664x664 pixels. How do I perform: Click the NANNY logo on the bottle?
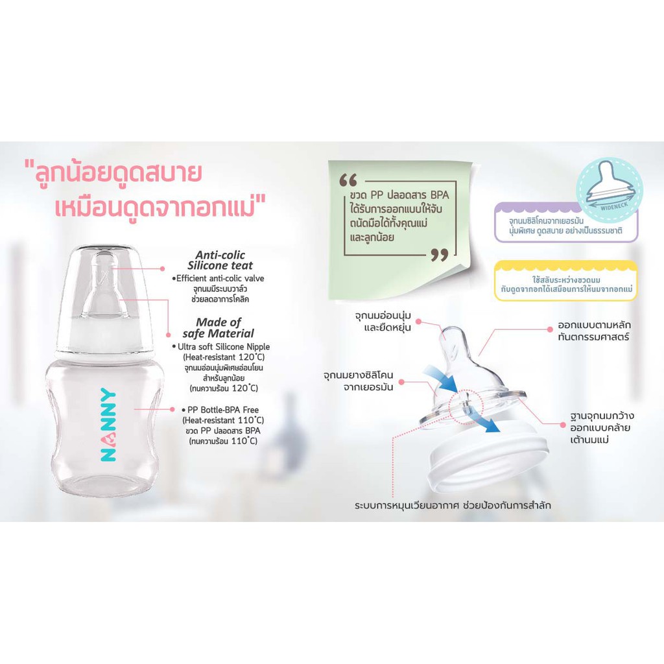pyautogui.click(x=108, y=425)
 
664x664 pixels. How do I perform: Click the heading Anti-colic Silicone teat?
pyautogui.click(x=220, y=260)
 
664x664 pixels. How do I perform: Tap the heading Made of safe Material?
pyautogui.click(x=219, y=327)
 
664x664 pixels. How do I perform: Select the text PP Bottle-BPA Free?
pyautogui.click(x=223, y=410)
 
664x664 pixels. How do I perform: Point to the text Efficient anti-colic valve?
pyautogui.click(x=220, y=278)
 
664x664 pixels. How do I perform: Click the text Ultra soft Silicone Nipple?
pyautogui.click(x=224, y=346)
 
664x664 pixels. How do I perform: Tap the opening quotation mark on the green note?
pyautogui.click(x=348, y=180)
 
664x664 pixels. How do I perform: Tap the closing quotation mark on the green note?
pyautogui.click(x=439, y=255)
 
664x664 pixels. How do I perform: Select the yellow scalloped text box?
pyautogui.click(x=565, y=281)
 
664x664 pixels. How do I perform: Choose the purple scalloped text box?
pyautogui.click(x=565, y=223)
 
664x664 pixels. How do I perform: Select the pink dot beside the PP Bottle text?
pyautogui.click(x=172, y=410)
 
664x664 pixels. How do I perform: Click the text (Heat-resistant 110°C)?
pyautogui.click(x=223, y=420)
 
